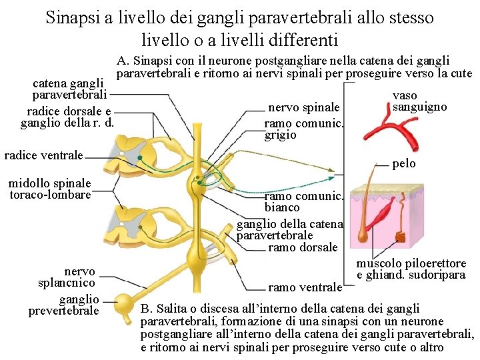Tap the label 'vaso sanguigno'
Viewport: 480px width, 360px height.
click(x=420, y=101)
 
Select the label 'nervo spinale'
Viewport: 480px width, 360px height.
click(x=303, y=108)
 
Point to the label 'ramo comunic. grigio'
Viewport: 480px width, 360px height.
click(x=303, y=129)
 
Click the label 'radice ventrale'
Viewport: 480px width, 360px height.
click(x=43, y=155)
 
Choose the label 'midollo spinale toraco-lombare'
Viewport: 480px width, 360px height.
click(x=50, y=189)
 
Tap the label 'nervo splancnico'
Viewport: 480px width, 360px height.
click(x=79, y=277)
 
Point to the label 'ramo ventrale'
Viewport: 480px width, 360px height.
click(x=305, y=287)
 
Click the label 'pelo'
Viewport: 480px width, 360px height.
click(x=404, y=163)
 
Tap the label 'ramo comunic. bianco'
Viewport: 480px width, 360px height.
click(x=303, y=202)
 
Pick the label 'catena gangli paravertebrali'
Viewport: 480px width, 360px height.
click(x=69, y=89)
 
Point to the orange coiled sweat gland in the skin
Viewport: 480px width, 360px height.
click(x=401, y=237)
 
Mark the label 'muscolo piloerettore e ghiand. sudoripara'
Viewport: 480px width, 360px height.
click(x=411, y=269)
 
